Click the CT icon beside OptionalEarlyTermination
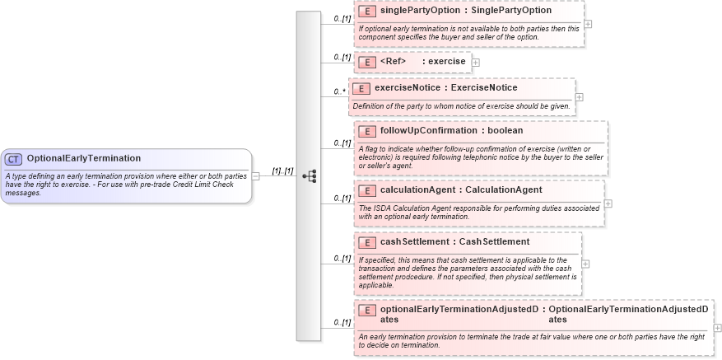(14, 159)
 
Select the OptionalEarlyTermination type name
(83, 158)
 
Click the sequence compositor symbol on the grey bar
(310, 175)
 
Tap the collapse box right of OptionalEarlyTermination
(256, 175)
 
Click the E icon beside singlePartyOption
(368, 12)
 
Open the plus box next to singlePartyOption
(588, 24)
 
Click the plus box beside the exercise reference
(476, 62)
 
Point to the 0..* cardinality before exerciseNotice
(338, 91)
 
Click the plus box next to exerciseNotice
(580, 97)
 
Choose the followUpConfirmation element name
(428, 130)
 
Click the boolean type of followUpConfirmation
(505, 130)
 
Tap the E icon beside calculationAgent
(368, 190)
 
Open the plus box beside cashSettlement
(585, 264)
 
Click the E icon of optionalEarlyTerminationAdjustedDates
(368, 310)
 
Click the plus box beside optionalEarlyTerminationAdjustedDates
(717, 327)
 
